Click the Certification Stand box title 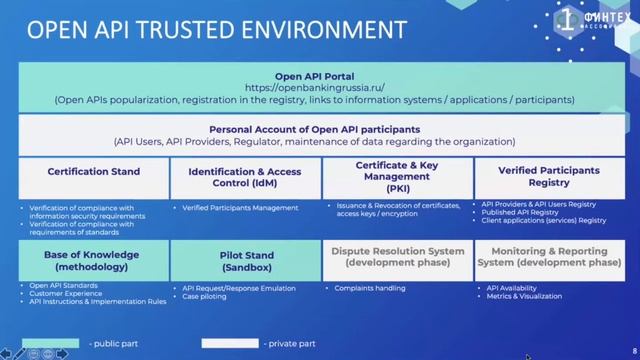tap(93, 171)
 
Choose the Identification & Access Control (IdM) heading tap(245, 177)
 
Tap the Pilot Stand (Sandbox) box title tap(245, 261)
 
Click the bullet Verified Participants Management tap(240, 208)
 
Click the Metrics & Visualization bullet tap(521, 296)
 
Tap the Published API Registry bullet tap(523, 212)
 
